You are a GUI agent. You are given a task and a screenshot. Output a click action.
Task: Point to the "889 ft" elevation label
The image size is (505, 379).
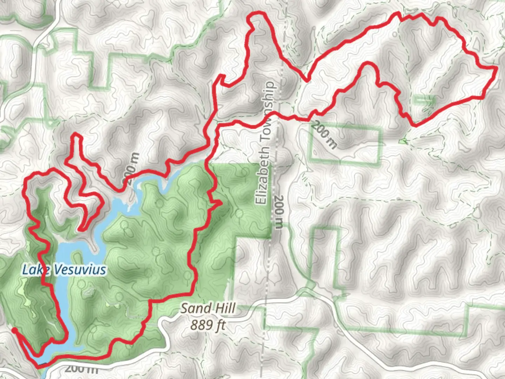pos(208,325)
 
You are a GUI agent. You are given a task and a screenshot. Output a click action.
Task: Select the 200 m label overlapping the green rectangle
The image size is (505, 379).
pos(324,135)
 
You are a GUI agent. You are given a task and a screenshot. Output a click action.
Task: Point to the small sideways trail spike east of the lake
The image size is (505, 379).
pos(220,202)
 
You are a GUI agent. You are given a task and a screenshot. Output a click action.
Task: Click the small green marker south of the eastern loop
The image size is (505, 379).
pos(403,141)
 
